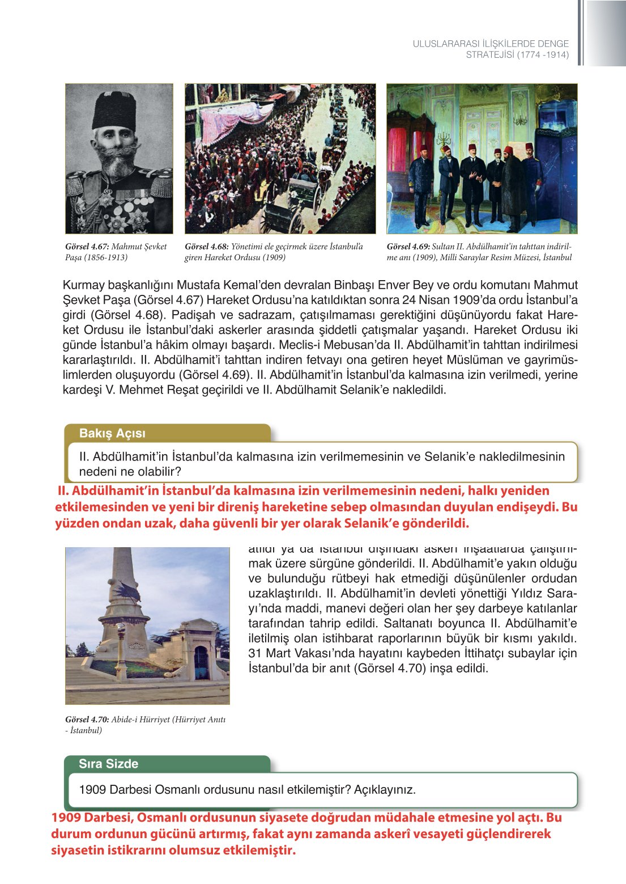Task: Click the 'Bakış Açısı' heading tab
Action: (112, 433)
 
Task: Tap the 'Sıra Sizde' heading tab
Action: (108, 764)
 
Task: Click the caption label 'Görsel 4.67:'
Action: (87, 247)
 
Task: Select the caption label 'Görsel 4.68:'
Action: (207, 247)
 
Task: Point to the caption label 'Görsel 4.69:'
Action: (408, 247)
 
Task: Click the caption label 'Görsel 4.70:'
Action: (87, 720)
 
